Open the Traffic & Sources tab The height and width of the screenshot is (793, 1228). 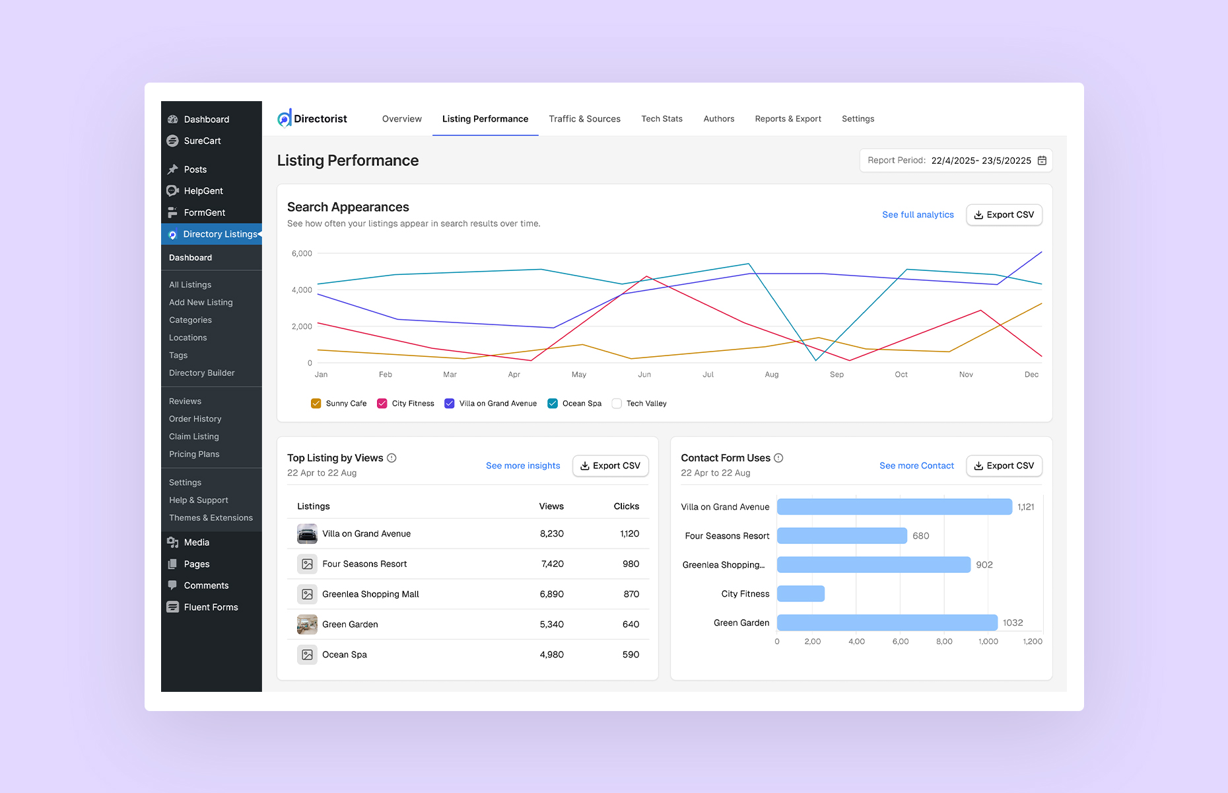pyautogui.click(x=584, y=119)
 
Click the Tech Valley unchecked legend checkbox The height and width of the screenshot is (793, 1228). pyautogui.click(x=617, y=404)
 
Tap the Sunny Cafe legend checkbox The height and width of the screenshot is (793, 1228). pyautogui.click(x=316, y=404)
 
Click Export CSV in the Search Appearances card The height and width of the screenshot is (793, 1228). pyautogui.click(x=1004, y=215)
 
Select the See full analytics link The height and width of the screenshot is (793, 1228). pyautogui.click(x=918, y=215)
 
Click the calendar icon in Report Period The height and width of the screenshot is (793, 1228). pyautogui.click(x=1042, y=161)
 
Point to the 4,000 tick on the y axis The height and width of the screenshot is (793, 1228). pyautogui.click(x=302, y=290)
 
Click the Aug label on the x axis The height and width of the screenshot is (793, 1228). pyautogui.click(x=771, y=375)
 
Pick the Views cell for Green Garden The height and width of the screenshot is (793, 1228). pyautogui.click(x=551, y=624)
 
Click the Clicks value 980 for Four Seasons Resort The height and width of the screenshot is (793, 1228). pyautogui.click(x=631, y=564)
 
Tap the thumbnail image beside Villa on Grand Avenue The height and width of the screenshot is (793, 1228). pyautogui.click(x=307, y=534)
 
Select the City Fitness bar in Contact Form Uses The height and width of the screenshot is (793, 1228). pyautogui.click(x=800, y=593)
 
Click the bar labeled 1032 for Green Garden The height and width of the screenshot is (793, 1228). pyautogui.click(x=887, y=623)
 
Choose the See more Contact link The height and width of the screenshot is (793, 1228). pyautogui.click(x=916, y=466)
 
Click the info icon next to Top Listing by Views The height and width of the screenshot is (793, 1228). pyautogui.click(x=392, y=458)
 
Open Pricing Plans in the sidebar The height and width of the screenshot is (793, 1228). pyautogui.click(x=194, y=454)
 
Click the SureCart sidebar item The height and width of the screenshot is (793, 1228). pyautogui.click(x=202, y=141)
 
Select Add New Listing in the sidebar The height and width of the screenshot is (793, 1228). pyautogui.click(x=201, y=302)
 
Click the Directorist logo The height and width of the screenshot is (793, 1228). pyautogui.click(x=312, y=119)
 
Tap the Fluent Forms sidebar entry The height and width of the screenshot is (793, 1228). pyautogui.click(x=211, y=607)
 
